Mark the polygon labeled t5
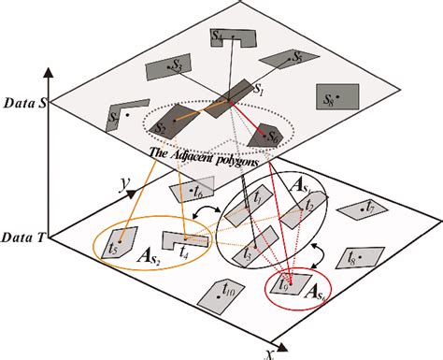118,244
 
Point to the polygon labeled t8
359,254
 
